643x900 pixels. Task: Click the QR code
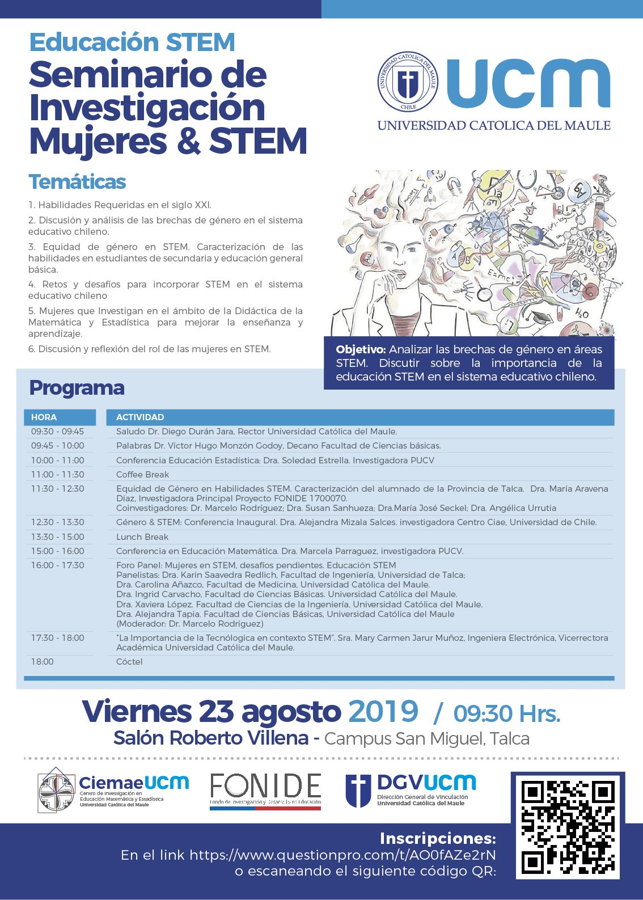click(568, 826)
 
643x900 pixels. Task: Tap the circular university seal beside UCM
click(408, 82)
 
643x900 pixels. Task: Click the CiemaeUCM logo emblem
click(56, 791)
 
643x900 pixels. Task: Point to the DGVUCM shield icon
click(358, 791)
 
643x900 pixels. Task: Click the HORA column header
click(44, 417)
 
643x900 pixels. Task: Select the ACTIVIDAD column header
click(140, 417)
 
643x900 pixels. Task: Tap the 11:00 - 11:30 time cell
click(57, 475)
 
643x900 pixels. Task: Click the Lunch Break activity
click(142, 537)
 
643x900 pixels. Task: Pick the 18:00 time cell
click(43, 662)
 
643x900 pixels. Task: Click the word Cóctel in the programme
click(129, 662)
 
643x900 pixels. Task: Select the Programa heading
click(77, 388)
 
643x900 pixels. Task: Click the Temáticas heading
click(77, 182)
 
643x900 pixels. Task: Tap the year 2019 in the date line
click(383, 712)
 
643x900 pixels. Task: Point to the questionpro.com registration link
click(342, 855)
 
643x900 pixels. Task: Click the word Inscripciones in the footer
click(438, 838)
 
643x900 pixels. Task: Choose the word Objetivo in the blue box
click(361, 350)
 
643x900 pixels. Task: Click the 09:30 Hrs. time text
click(506, 714)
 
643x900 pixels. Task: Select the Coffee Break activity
click(142, 475)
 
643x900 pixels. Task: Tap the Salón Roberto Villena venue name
click(211, 738)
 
